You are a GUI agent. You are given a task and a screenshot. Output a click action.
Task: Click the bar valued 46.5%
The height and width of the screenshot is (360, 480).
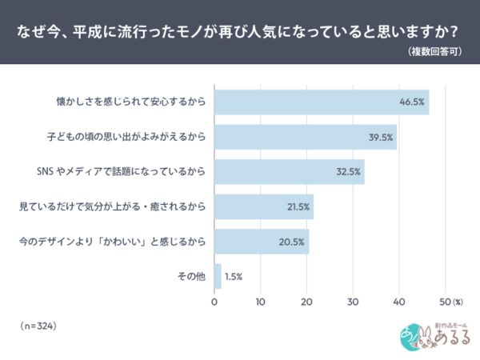pos(320,102)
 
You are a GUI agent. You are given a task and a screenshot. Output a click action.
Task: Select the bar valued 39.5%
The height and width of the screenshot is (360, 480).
pos(304,137)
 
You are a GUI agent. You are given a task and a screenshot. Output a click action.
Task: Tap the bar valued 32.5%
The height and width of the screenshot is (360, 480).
pos(288,172)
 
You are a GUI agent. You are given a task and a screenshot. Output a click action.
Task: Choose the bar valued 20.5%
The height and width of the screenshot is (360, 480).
pos(260,242)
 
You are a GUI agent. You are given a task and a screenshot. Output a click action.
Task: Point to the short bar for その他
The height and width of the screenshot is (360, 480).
pos(218,276)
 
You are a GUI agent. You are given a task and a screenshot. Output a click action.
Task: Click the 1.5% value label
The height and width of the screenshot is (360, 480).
pos(234,277)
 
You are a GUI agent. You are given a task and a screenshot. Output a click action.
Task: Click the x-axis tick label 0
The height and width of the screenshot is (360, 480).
pos(214,302)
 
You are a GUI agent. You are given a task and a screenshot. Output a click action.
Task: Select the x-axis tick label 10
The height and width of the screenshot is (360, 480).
pos(261,302)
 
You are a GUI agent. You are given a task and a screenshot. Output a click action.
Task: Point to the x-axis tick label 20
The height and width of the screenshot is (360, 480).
pos(306,302)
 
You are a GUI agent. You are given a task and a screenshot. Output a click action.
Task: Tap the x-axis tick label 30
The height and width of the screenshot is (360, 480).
pos(353,302)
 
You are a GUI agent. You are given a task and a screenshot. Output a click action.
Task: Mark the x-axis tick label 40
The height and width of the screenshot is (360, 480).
pos(398,302)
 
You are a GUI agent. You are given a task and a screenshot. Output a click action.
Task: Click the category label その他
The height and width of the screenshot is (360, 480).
pos(191,277)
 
